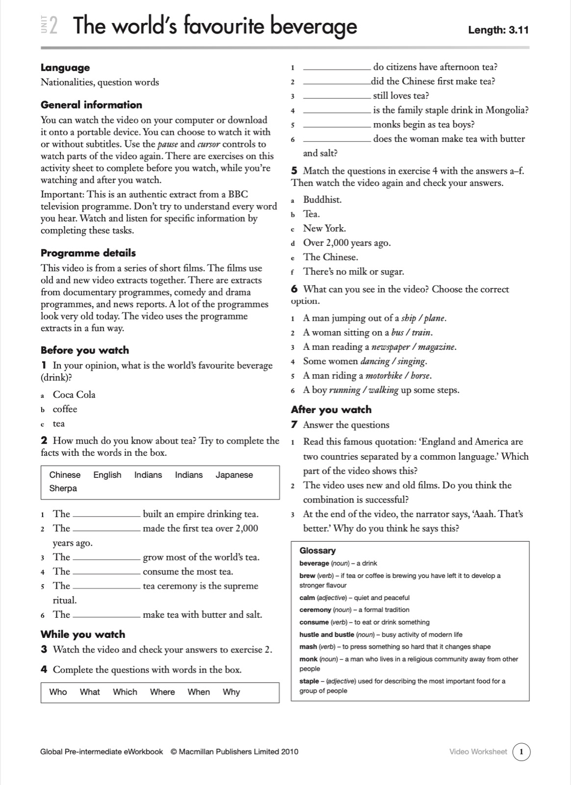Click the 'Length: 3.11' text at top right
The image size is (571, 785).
click(x=498, y=30)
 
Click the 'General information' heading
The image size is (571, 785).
click(x=91, y=105)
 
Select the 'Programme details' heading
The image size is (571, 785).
click(x=88, y=253)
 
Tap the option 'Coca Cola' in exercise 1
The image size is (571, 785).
click(x=74, y=394)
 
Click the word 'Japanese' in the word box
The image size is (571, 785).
click(x=234, y=475)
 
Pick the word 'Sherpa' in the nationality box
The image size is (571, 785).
click(x=63, y=488)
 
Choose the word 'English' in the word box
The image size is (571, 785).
click(x=107, y=475)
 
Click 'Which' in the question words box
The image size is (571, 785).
click(x=125, y=692)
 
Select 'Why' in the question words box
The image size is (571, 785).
click(x=231, y=692)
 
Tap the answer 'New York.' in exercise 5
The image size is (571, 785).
click(x=324, y=228)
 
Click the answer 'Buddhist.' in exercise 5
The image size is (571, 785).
click(x=322, y=200)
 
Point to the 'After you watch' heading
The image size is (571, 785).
click(x=331, y=410)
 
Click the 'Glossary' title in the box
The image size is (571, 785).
click(x=317, y=550)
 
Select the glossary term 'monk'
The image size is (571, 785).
click(x=308, y=659)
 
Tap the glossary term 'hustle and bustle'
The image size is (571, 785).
click(x=326, y=634)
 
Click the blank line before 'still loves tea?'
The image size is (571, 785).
click(x=337, y=97)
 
